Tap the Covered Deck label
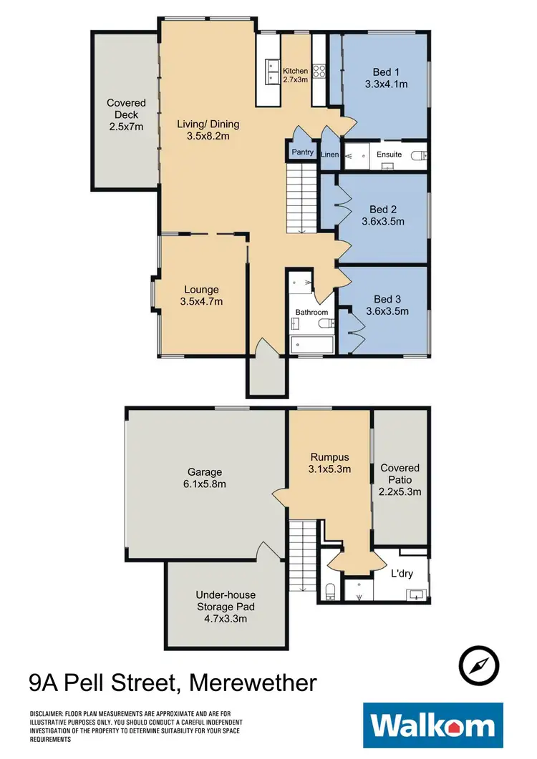[126, 114]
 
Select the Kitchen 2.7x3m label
[295, 75]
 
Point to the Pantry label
[302, 152]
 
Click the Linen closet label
[330, 155]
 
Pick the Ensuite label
[390, 155]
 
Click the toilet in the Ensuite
[422, 155]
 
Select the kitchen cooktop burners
[319, 72]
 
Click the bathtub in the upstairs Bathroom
[311, 346]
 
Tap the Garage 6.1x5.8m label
[205, 478]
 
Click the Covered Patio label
[400, 479]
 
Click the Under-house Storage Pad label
[226, 607]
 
